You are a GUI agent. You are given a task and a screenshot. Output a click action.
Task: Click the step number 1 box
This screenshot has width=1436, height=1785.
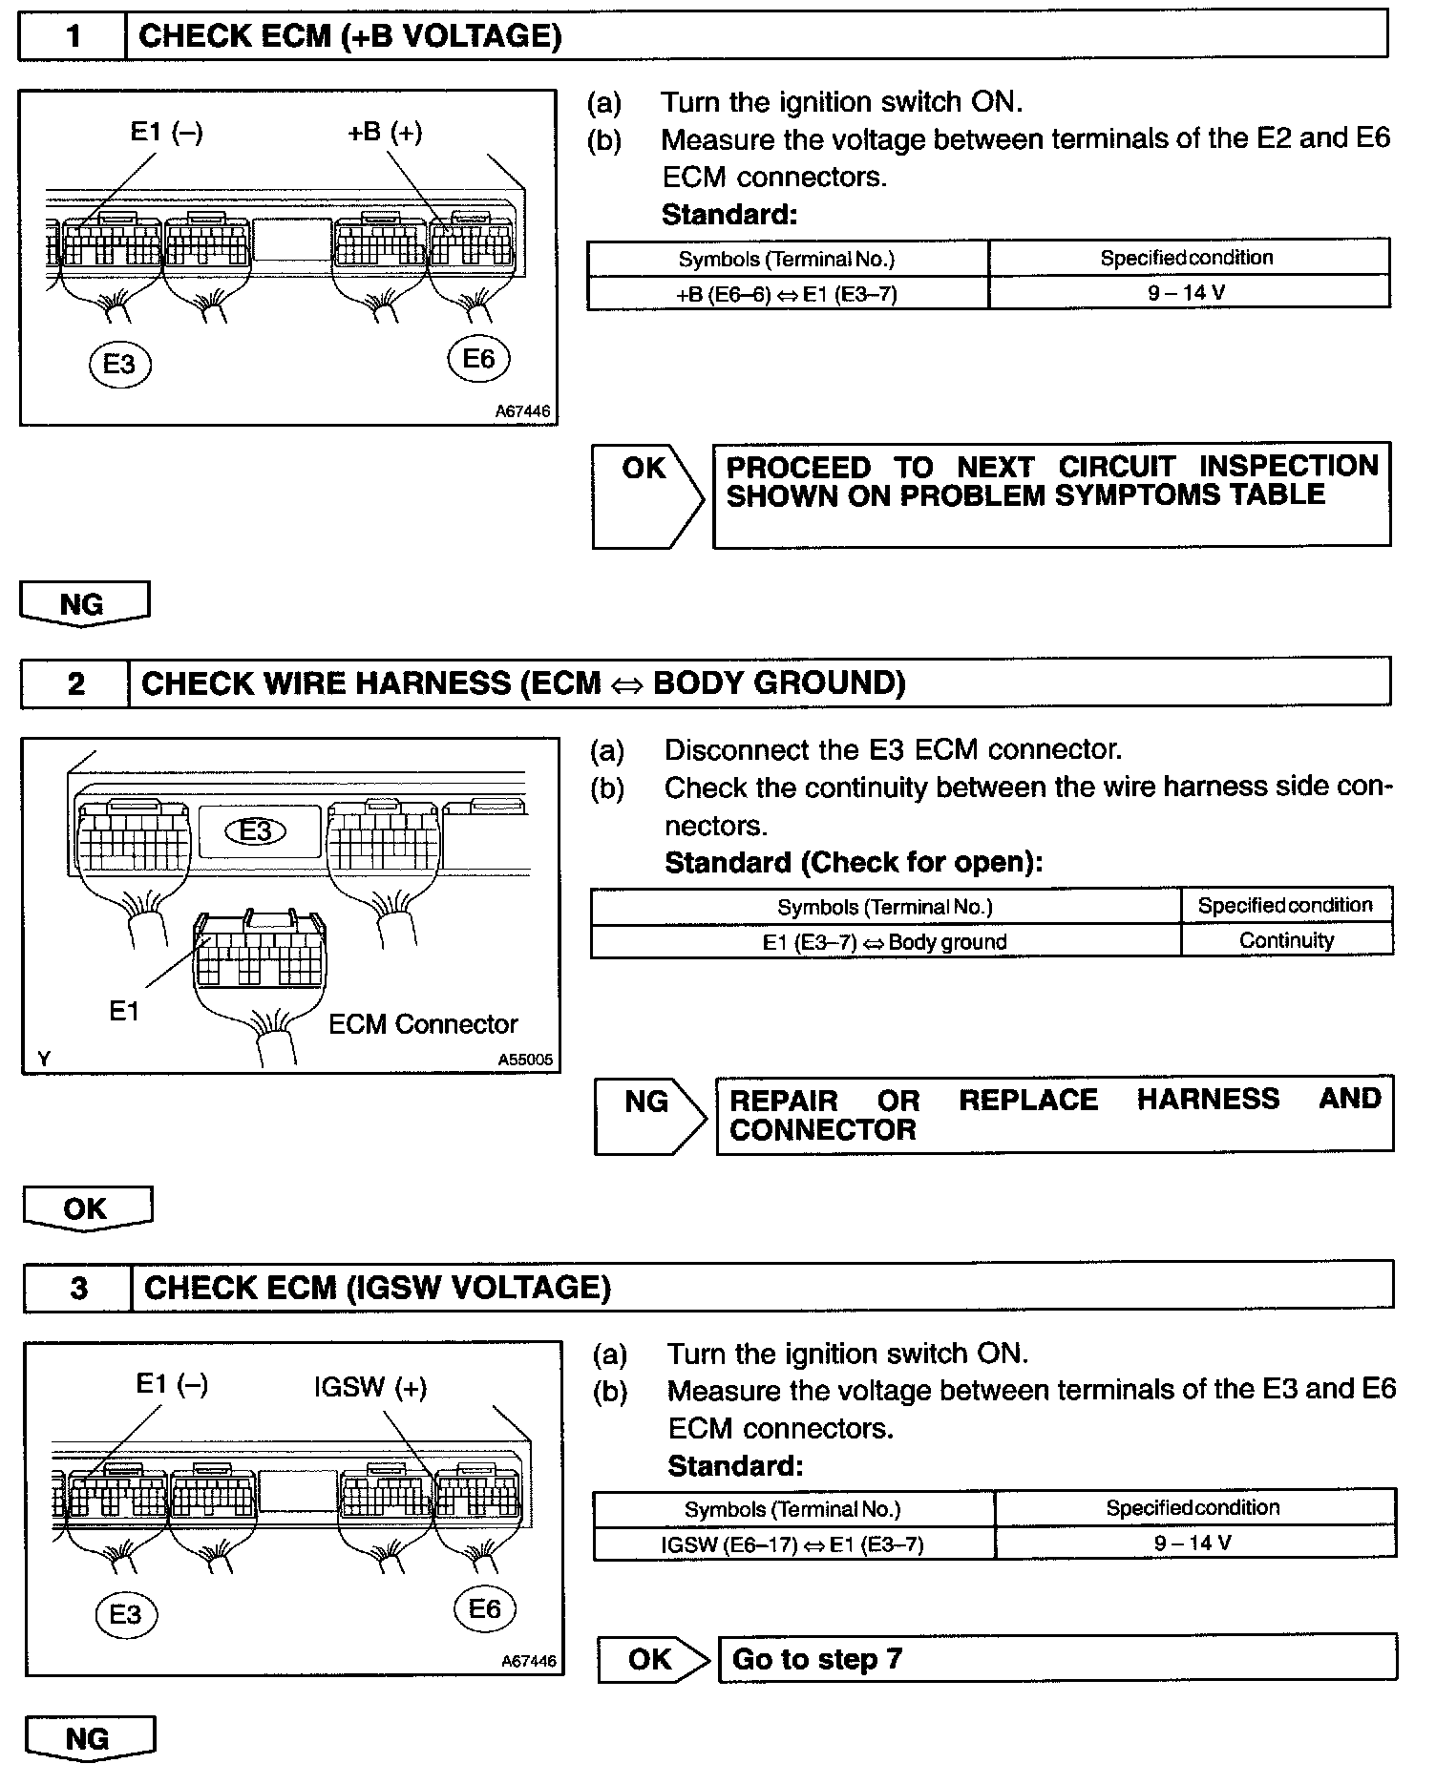[73, 36]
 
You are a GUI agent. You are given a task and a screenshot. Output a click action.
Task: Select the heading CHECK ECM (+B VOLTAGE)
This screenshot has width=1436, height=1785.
[350, 36]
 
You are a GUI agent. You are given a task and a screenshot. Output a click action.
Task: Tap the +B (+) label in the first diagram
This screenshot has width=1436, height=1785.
[385, 132]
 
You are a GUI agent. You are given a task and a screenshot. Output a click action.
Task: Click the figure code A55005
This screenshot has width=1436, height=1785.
[524, 1060]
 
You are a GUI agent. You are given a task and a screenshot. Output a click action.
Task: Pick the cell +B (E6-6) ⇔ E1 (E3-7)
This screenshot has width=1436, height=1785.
[787, 294]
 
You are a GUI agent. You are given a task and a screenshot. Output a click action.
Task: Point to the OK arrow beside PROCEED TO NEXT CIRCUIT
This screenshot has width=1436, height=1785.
[646, 494]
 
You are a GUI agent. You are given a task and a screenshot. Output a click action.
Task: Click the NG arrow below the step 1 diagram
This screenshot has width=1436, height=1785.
[84, 604]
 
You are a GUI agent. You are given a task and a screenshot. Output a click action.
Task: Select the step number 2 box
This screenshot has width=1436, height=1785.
[75, 683]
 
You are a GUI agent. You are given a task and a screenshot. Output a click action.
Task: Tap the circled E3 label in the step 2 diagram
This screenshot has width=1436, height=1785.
[255, 830]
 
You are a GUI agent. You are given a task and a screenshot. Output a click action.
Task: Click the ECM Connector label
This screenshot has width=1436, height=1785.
[422, 1024]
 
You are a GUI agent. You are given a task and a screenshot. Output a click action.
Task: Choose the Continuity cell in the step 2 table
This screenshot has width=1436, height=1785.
[1286, 940]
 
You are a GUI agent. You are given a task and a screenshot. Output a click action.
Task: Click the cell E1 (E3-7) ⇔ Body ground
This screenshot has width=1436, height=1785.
[884, 942]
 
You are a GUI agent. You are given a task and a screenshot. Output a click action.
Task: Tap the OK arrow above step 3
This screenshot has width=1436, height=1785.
[87, 1208]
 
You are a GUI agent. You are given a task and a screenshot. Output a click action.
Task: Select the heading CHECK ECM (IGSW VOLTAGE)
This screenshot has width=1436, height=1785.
[377, 1288]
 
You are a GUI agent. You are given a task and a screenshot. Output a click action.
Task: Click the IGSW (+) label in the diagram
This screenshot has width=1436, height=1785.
[370, 1387]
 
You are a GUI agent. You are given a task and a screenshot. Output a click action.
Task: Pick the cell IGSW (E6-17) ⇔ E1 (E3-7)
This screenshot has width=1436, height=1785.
[792, 1544]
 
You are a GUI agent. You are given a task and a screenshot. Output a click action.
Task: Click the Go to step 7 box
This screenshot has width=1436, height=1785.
[1057, 1658]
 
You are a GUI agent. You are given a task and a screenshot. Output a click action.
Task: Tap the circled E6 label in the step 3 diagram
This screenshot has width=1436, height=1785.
[484, 1609]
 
